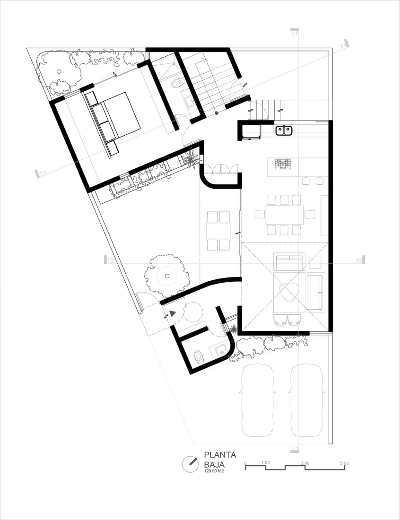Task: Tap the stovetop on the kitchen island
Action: pyautogui.click(x=283, y=164)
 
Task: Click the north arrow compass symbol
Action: pyautogui.click(x=190, y=463)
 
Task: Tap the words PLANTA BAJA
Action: pyautogui.click(x=220, y=459)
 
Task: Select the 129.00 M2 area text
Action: pyautogui.click(x=214, y=471)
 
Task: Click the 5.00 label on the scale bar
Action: pyautogui.click(x=344, y=463)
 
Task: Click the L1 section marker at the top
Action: pyautogui.click(x=295, y=33)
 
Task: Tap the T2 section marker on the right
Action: pyautogui.click(x=359, y=260)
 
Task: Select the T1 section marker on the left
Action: pyautogui.click(x=42, y=173)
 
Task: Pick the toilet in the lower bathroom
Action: pyautogui.click(x=198, y=355)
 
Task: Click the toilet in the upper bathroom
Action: pyautogui.click(x=176, y=83)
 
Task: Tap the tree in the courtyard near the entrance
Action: pyautogui.click(x=165, y=274)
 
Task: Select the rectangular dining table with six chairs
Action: pyautogui.click(x=284, y=215)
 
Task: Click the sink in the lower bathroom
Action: pyautogui.click(x=220, y=350)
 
